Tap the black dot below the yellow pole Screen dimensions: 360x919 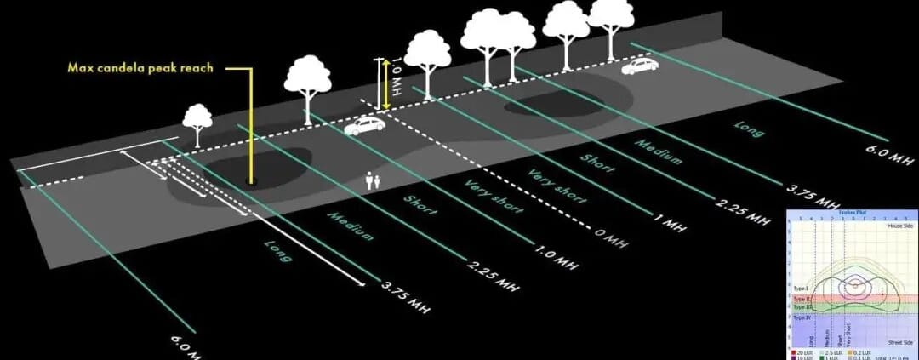pos(250,180)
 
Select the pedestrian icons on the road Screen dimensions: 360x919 pos(372,180)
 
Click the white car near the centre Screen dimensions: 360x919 pos(364,127)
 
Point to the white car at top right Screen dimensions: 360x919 pos(640,66)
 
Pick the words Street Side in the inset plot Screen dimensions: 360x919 pos(899,341)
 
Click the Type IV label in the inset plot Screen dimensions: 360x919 pos(802,317)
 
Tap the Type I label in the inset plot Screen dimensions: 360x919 pos(801,289)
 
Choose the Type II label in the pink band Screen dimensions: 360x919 pos(802,299)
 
